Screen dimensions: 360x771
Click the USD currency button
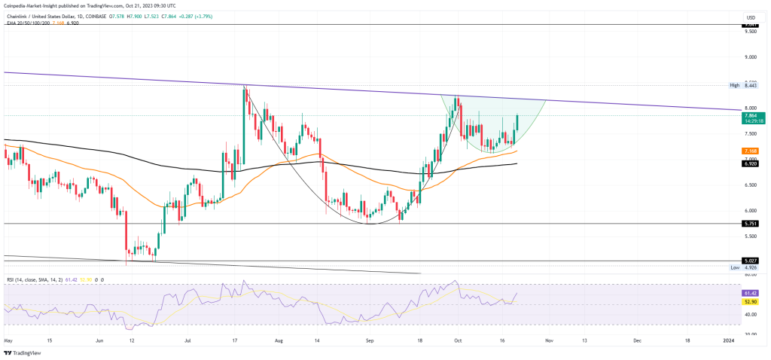point(750,17)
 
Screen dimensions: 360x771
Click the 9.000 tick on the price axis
point(750,57)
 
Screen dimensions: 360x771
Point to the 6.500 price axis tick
point(750,185)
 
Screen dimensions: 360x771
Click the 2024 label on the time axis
point(730,340)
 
